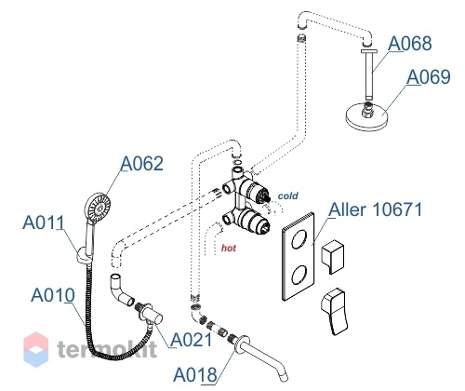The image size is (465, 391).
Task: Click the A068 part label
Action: point(410,44)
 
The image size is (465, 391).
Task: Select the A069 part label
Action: point(429,76)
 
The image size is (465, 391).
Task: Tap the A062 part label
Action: point(141,163)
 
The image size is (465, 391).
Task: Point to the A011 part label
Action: point(44,222)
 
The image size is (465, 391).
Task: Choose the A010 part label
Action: point(53,295)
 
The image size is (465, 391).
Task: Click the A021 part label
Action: point(192,340)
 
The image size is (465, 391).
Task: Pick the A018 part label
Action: point(195,374)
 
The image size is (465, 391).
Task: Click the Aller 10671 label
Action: point(376,209)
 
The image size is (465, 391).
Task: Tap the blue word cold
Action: point(288,195)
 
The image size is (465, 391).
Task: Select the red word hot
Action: point(229,248)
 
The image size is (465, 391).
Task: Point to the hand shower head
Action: point(98,207)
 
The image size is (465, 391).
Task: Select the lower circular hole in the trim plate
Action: point(299,275)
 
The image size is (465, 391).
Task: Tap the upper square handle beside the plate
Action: point(333,256)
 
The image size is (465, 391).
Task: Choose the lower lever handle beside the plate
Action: point(335,311)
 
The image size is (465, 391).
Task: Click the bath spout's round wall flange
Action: point(243,344)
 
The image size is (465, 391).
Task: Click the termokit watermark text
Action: point(107,349)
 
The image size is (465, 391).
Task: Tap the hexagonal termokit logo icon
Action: point(36,349)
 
